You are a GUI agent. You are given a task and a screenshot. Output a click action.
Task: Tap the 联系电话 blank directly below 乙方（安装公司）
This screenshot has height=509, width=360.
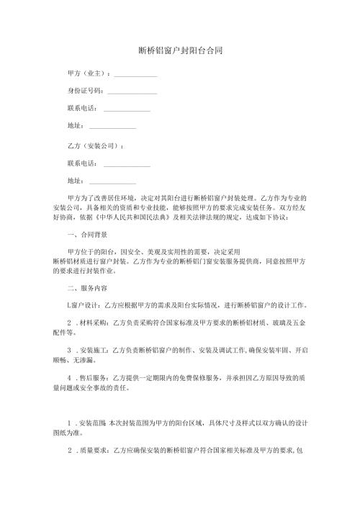[x=127, y=166]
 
